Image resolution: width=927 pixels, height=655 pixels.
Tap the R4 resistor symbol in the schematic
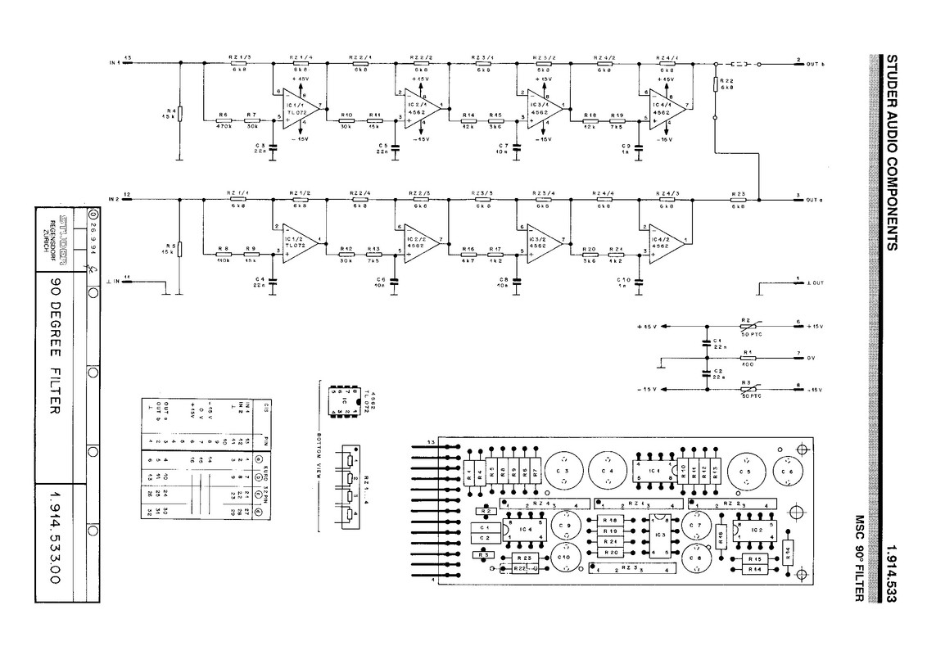[x=180, y=113]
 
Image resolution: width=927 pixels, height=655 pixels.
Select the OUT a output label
[x=814, y=199]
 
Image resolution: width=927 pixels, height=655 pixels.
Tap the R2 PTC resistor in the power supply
[x=747, y=326]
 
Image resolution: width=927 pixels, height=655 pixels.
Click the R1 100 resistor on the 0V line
[x=747, y=358]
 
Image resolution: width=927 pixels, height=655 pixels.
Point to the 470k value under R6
[x=223, y=126]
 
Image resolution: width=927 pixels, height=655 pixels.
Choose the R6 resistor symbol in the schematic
[x=223, y=119]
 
